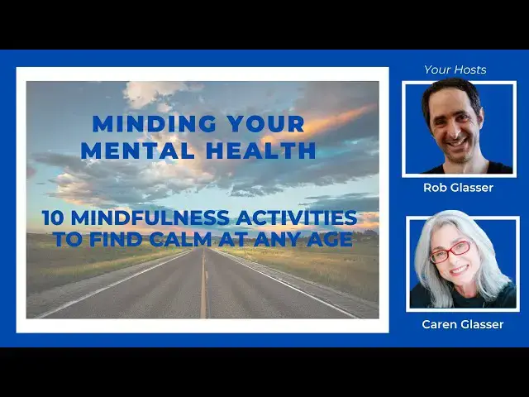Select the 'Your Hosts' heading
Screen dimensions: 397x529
[x=455, y=69]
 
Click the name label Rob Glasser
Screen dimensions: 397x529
[x=458, y=188]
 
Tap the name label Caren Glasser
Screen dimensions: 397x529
[x=462, y=323]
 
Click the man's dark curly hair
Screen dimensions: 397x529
[x=446, y=91]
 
